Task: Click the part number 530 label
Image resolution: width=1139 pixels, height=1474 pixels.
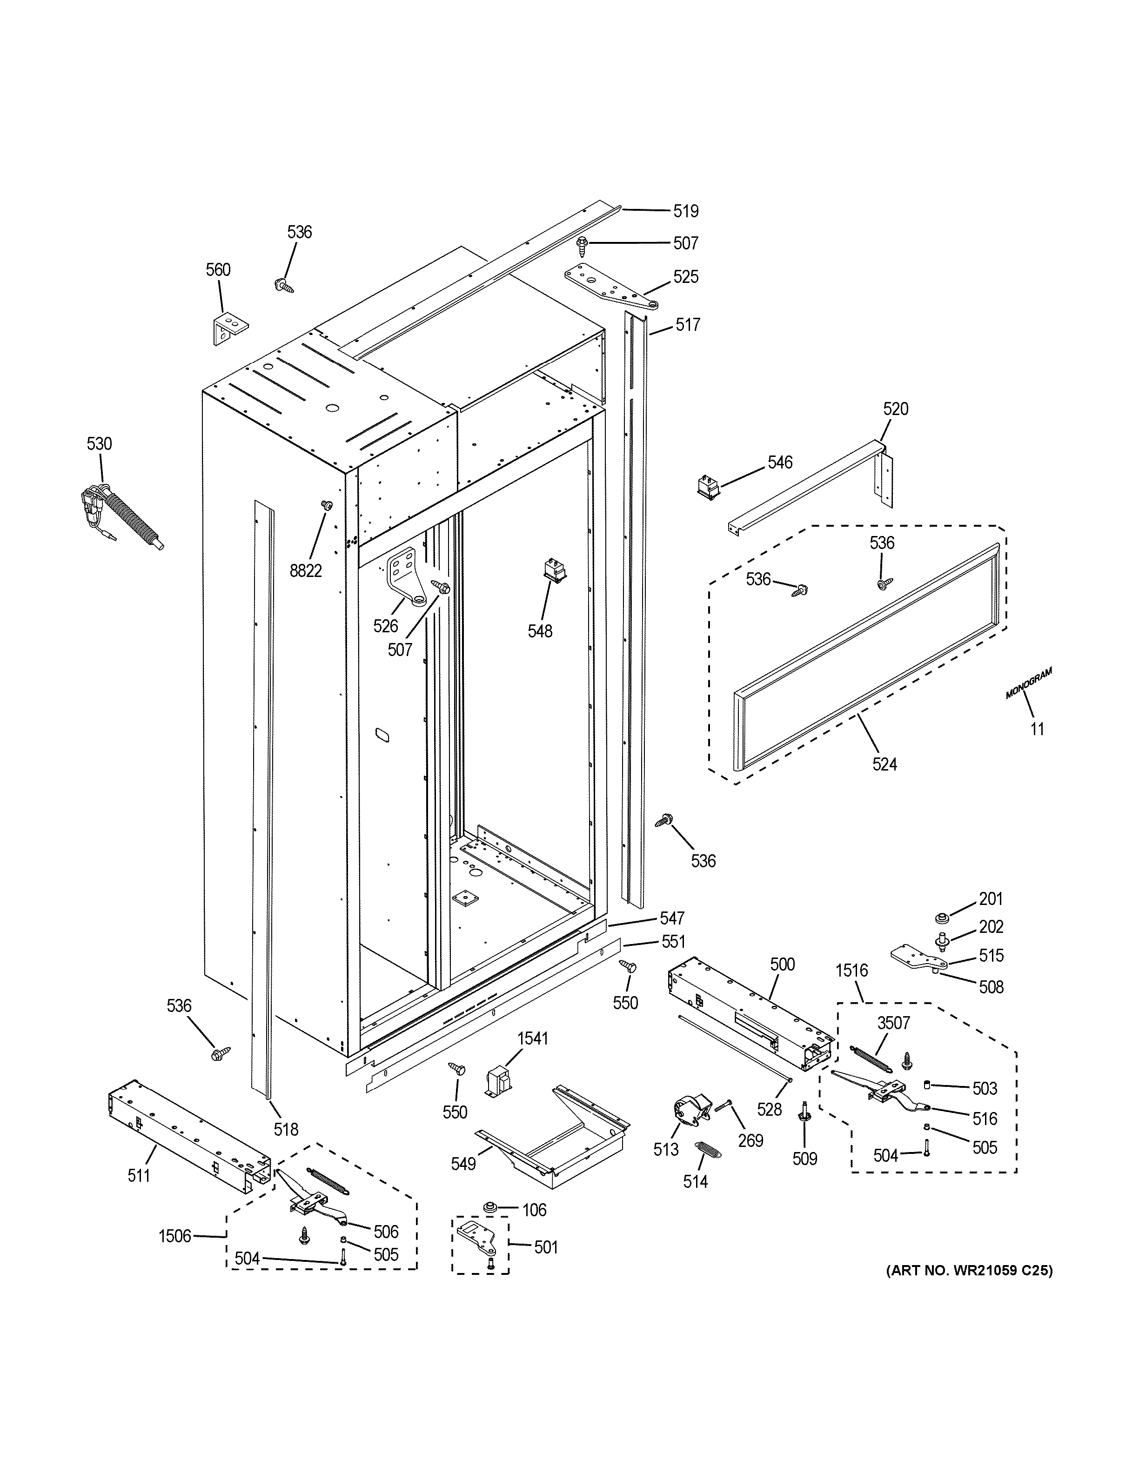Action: click(x=99, y=443)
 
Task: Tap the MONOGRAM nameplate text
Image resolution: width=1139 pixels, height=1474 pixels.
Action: click(x=1028, y=683)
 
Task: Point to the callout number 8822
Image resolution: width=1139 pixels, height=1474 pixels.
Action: click(x=306, y=571)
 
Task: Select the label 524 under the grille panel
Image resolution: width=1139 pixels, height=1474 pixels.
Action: click(x=884, y=764)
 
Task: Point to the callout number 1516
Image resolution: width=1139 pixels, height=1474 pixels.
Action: click(x=851, y=971)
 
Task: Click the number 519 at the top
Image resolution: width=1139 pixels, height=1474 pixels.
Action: click(x=685, y=211)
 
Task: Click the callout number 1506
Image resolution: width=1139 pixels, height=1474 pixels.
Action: click(x=175, y=1236)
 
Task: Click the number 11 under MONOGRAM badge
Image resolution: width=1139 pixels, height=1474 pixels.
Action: click(x=1037, y=729)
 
